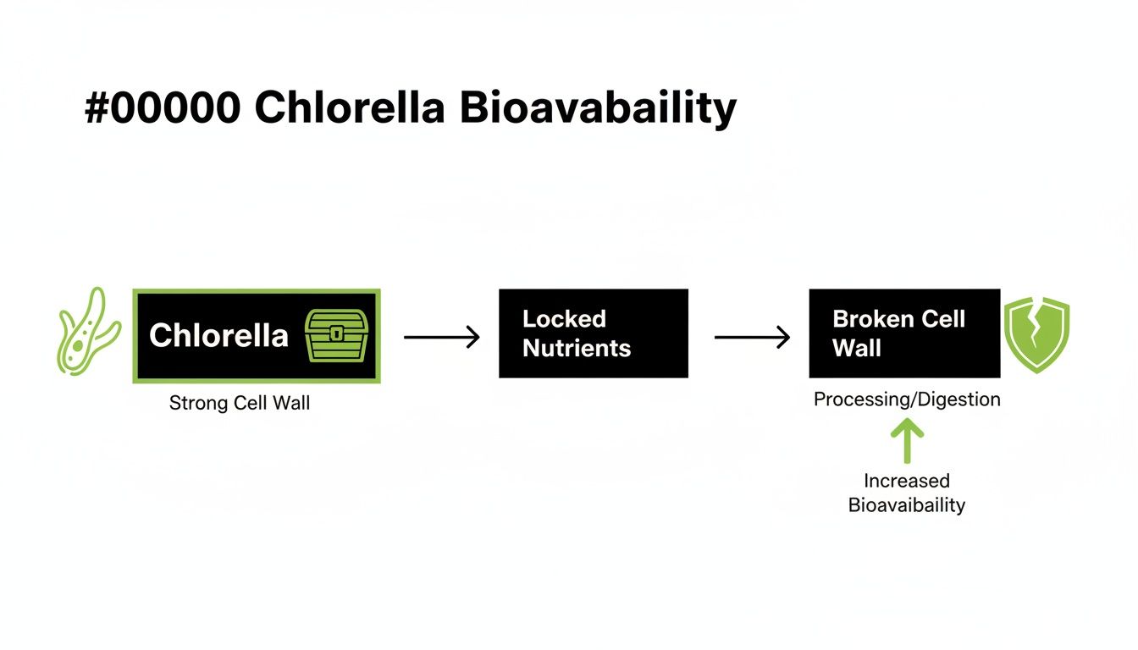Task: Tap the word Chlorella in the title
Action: coord(350,108)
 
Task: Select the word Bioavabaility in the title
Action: coord(599,108)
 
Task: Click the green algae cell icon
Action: coord(88,330)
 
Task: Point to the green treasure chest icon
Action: coord(337,336)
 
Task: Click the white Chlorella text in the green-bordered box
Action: coord(218,336)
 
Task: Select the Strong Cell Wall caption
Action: coord(240,403)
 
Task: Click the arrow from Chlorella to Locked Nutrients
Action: coord(441,337)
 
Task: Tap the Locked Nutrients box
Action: coord(593,333)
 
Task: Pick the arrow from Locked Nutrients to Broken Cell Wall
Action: coord(752,337)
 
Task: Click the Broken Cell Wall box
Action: coord(903,333)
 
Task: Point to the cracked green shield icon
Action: coord(1036,333)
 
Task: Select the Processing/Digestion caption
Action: coord(907,399)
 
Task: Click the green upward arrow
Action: coord(907,442)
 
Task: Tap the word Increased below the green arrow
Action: coord(907,481)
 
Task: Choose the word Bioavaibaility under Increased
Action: coord(907,505)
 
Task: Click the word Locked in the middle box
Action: coord(564,319)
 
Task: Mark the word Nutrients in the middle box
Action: coord(577,348)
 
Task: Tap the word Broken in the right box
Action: coord(864,319)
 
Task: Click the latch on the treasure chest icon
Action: coord(337,333)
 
